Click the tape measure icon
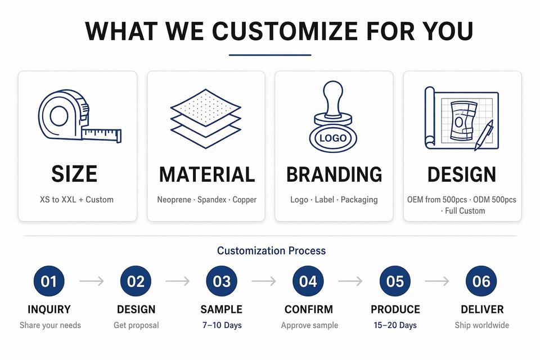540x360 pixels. coord(79,116)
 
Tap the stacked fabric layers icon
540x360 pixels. coord(206,119)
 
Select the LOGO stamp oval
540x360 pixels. coord(333,138)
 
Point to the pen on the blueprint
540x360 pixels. coord(484,135)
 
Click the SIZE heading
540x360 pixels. coord(74,174)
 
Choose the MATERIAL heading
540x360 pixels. coord(207,174)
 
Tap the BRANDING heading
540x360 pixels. coord(334,174)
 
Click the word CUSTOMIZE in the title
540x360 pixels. coord(285,31)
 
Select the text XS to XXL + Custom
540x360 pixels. coord(76,200)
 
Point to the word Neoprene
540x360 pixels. coord(174,200)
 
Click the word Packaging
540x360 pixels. coord(359,200)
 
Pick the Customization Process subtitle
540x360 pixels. coord(271,250)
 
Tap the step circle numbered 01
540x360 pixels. coord(49,281)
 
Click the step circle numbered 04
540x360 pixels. coord(308,281)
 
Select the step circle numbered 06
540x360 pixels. coord(481,281)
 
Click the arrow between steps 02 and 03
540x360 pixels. coord(177,281)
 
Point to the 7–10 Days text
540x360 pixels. coord(222,325)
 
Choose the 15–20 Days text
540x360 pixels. coord(395,325)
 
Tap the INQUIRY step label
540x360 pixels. coord(49,309)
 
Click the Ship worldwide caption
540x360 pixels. coord(482,325)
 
